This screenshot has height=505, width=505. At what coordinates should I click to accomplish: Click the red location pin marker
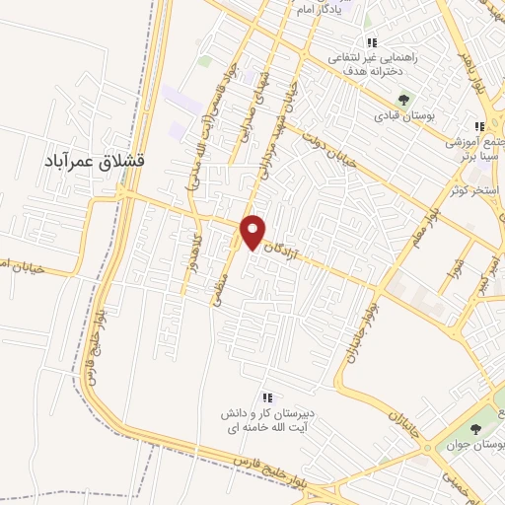click(254, 231)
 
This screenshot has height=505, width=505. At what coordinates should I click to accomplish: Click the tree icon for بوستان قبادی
click(403, 99)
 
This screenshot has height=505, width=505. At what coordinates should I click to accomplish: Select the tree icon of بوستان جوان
click(475, 428)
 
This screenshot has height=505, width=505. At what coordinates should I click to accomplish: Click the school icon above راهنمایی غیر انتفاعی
click(372, 42)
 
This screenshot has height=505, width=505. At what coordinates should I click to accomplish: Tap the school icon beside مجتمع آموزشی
click(479, 126)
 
